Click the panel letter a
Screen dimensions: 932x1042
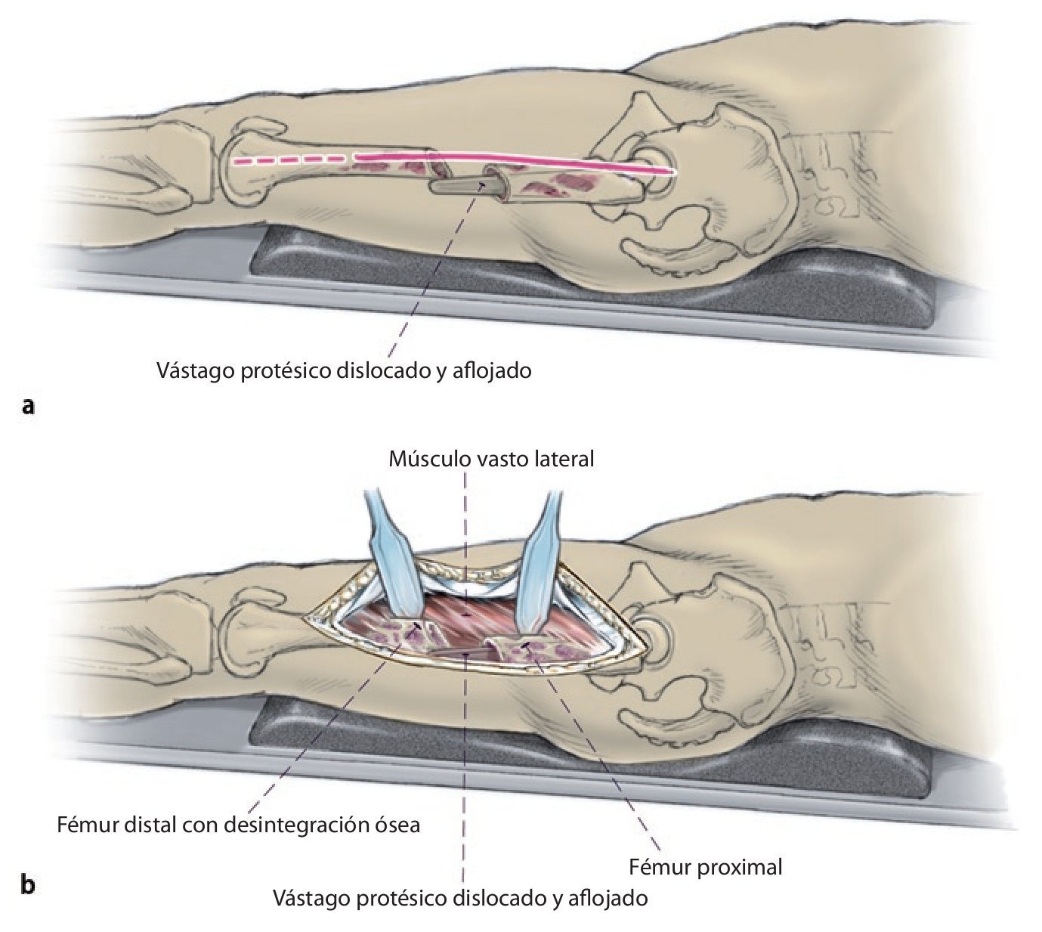[x=29, y=406]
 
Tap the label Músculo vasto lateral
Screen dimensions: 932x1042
[x=491, y=458]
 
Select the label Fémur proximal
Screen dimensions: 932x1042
[x=706, y=866]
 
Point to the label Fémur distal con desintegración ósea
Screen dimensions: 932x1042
[x=238, y=824]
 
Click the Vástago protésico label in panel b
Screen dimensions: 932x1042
[x=460, y=899]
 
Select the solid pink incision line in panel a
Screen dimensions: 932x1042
[x=514, y=163]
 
